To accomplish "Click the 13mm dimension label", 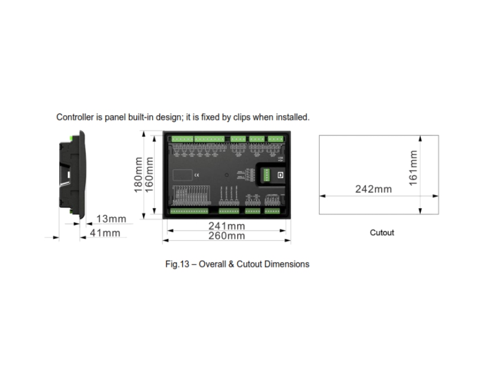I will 111,219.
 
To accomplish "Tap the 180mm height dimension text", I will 138,175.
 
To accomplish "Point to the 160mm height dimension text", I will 149,175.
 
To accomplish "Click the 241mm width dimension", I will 226,226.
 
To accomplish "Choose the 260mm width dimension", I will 226,236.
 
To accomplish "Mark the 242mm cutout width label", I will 373,189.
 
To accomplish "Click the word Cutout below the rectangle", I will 382,233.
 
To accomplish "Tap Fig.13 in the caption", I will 176,264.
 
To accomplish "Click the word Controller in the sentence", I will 75,117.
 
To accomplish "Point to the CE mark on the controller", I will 196,175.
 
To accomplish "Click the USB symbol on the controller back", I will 279,159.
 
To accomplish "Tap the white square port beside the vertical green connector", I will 280,175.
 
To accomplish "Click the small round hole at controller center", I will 226,175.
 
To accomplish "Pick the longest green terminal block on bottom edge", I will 189,210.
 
